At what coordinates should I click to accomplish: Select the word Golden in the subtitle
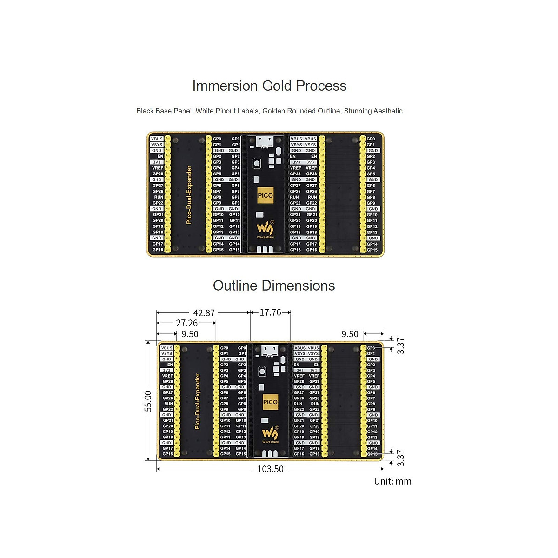tap(275, 111)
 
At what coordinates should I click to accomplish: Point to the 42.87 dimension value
tap(204, 313)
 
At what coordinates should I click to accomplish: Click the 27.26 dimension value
tap(187, 323)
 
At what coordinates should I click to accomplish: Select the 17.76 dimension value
tap(270, 312)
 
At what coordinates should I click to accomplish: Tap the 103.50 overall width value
tap(270, 469)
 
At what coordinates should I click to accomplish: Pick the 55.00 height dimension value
tap(148, 401)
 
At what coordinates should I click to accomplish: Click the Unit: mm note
tap(392, 481)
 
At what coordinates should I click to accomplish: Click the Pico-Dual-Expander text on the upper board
tap(189, 195)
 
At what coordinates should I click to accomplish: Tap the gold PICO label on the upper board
tap(265, 195)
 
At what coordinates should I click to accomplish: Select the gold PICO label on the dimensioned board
tap(270, 402)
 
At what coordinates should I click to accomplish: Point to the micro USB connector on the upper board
tap(265, 140)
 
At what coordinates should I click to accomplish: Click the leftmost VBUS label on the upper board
tap(157, 139)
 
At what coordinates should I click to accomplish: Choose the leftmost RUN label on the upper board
tap(159, 197)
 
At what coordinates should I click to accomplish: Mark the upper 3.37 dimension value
tap(400, 345)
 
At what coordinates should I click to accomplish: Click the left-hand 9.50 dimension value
tap(190, 334)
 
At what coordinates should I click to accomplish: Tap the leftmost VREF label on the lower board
tap(167, 376)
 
